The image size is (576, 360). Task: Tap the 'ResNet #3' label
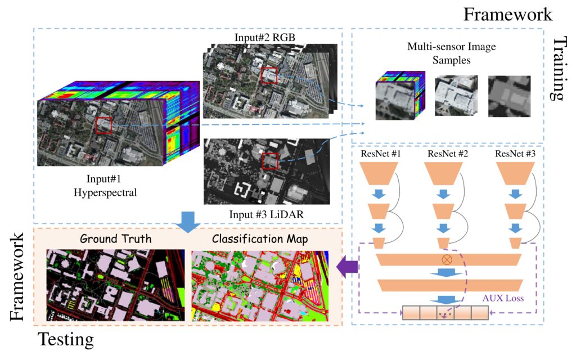pyautogui.click(x=514, y=153)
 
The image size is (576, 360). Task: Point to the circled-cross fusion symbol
pyautogui.click(x=448, y=260)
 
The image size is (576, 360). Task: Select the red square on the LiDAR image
pyautogui.click(x=271, y=161)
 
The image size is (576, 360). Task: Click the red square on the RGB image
pyautogui.click(x=269, y=76)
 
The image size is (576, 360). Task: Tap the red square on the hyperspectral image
pyautogui.click(x=103, y=125)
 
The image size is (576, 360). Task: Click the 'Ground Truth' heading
pyautogui.click(x=115, y=238)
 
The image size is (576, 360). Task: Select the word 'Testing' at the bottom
pyautogui.click(x=65, y=340)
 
